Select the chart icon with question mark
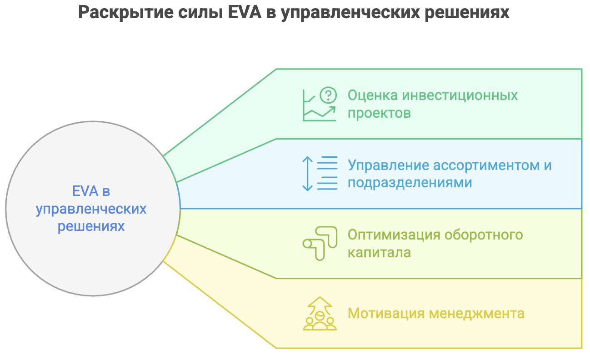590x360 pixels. [x=320, y=105]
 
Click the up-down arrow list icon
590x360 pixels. [x=320, y=173]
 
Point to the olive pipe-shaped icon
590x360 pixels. [x=320, y=243]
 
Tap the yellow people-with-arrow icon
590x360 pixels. [x=320, y=313]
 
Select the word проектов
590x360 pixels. [x=379, y=113]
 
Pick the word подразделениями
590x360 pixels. [x=410, y=182]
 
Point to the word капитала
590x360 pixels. [x=379, y=252]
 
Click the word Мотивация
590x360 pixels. [x=385, y=314]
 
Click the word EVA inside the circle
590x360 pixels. [x=85, y=191]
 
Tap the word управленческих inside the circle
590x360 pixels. [x=91, y=209]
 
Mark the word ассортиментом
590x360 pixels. [x=485, y=165]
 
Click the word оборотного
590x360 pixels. [x=484, y=235]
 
